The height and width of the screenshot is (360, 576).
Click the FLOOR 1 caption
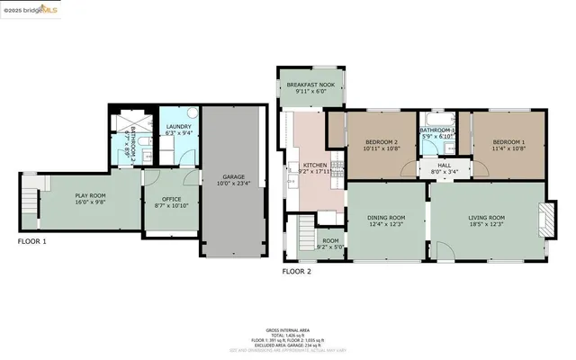pos(32,242)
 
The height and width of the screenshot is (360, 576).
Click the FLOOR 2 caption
pos(296,270)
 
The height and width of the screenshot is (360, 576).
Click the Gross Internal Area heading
pos(287,331)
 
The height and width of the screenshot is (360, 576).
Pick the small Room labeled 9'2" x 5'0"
pos(331,243)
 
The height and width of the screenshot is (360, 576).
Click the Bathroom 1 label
pos(438,133)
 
